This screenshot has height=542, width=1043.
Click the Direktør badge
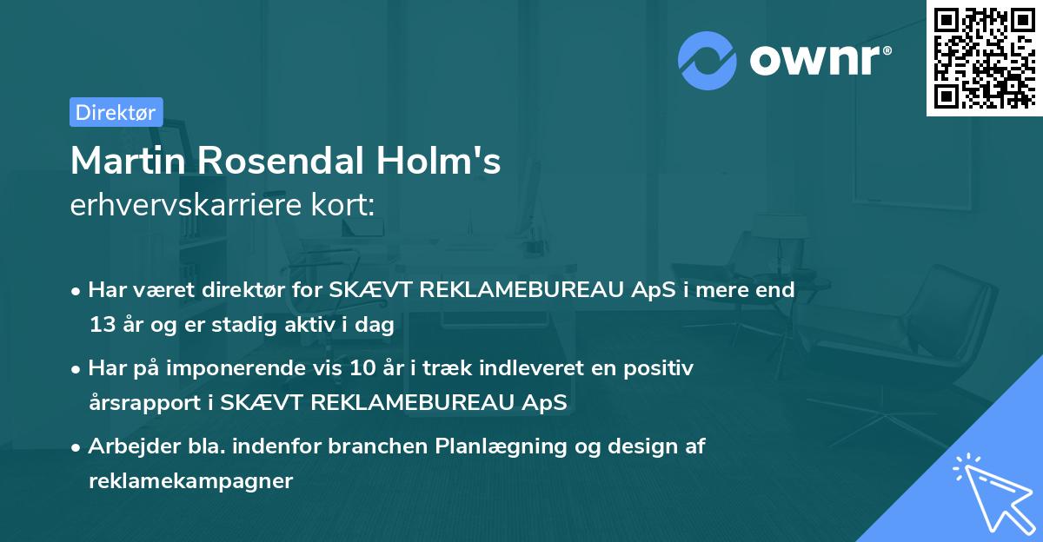point(116,112)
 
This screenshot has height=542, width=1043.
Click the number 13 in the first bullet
point(101,326)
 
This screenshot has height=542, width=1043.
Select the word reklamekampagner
point(190,481)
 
